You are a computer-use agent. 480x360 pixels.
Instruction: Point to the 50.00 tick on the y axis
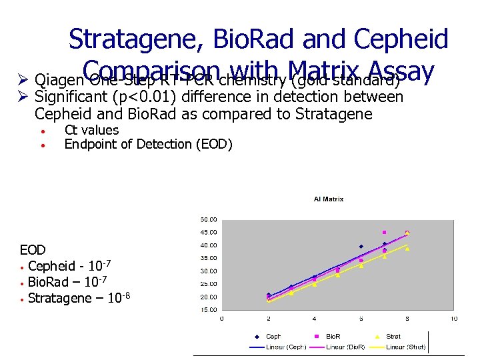208,219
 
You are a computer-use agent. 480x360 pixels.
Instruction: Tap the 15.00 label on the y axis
208,310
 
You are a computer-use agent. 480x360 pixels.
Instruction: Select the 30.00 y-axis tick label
208,271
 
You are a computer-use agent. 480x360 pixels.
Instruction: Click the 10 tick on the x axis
453,319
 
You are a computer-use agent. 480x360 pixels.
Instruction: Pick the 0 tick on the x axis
222,319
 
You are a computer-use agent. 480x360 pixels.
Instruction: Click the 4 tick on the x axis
315,319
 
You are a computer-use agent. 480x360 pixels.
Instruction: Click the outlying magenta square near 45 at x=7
384,233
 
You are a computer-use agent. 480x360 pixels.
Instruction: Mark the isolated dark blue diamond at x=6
361,247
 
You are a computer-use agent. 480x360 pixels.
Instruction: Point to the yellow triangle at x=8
407,249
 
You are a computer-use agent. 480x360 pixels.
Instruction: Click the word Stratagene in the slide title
136,39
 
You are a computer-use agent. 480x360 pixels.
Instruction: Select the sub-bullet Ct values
91,130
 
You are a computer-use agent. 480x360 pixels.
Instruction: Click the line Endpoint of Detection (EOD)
148,144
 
